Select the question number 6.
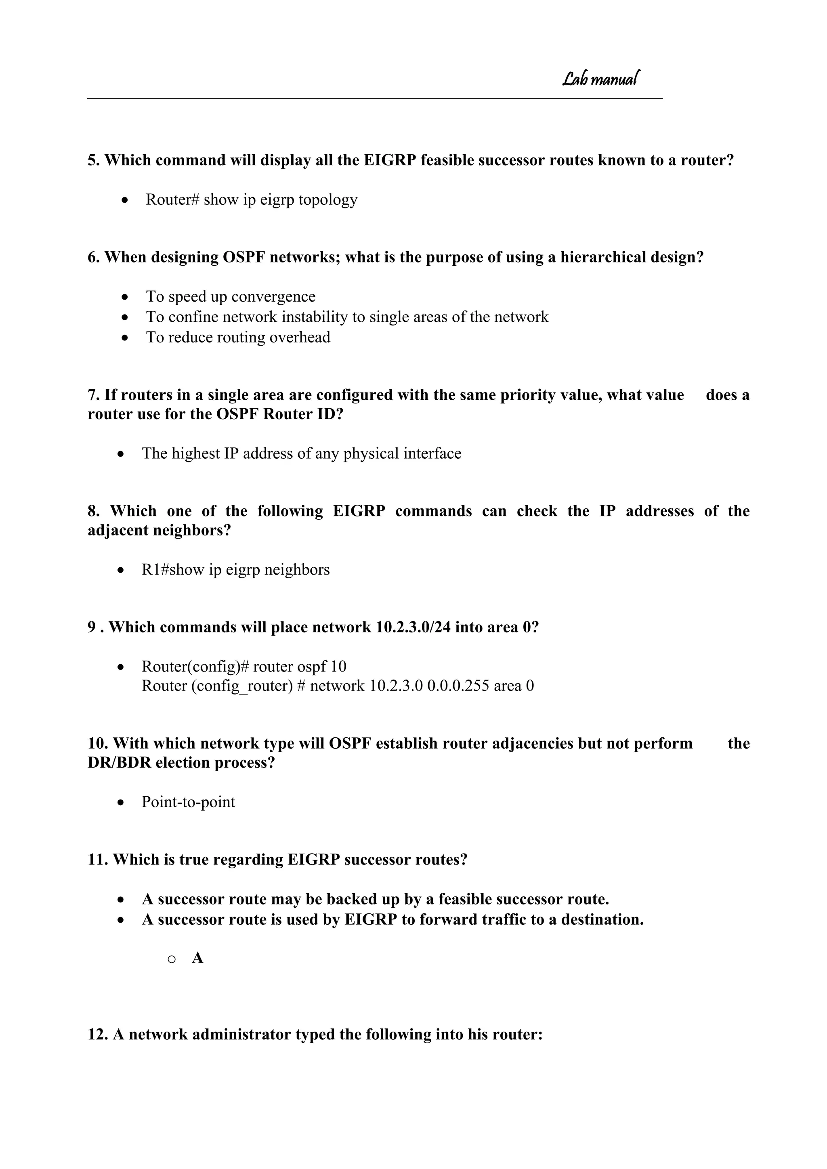93,258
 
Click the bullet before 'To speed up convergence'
125,297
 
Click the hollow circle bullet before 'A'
172,960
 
